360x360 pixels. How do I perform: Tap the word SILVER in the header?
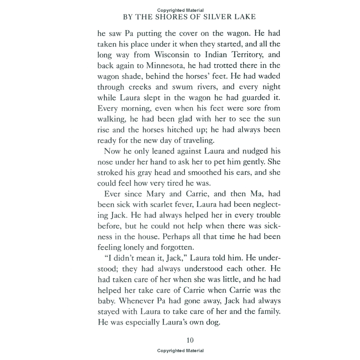coord(219,17)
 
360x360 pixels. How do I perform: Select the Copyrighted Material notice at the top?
coord(180,10)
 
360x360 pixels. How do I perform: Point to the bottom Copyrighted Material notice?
coord(180,351)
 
